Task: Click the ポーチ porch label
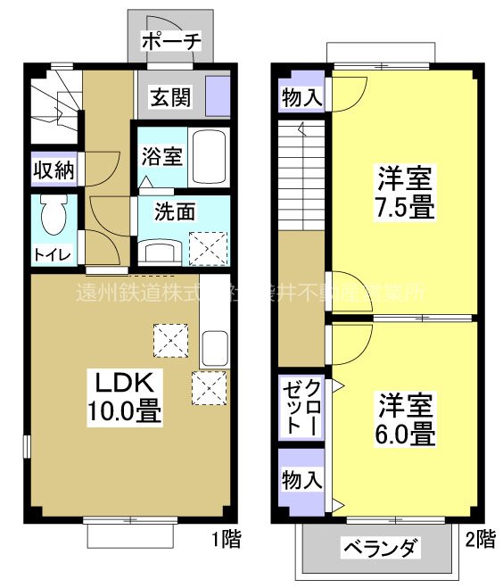(171, 41)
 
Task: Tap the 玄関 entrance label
(169, 96)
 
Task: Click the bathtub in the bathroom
(210, 157)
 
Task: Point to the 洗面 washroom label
(174, 213)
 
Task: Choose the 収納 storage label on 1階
(54, 170)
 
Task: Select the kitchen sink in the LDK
(215, 347)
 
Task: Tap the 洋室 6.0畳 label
(404, 419)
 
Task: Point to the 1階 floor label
(224, 539)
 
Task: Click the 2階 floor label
(479, 539)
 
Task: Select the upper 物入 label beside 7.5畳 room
(301, 97)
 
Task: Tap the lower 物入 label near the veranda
(301, 480)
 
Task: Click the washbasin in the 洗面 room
(162, 250)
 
